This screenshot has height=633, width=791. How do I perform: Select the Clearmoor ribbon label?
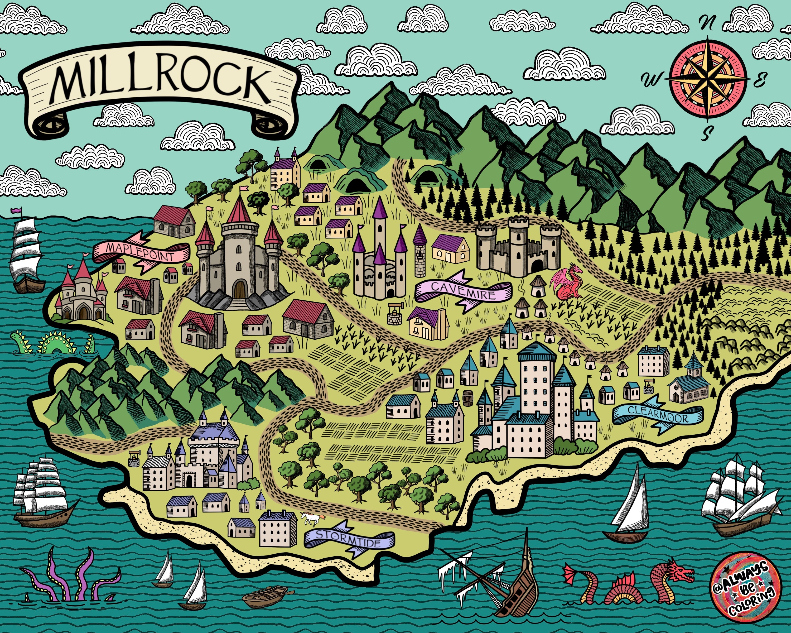(x=658, y=414)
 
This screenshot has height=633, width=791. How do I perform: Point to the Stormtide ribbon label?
(x=349, y=538)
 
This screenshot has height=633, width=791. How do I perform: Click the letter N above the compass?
(x=707, y=23)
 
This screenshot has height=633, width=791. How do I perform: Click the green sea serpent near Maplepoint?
(x=55, y=343)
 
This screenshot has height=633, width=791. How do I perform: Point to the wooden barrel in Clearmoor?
(x=468, y=398)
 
